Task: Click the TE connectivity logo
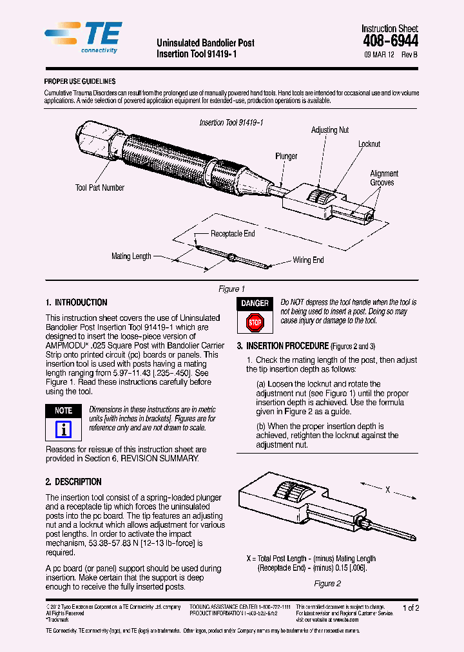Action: (83, 37)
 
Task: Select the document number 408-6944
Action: (390, 41)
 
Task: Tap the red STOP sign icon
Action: (255, 322)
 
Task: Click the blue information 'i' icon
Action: (63, 430)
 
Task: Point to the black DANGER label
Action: (255, 303)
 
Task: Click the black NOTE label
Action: (63, 410)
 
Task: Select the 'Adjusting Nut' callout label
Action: (329, 130)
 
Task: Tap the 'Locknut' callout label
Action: (369, 144)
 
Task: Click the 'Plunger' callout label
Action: (286, 157)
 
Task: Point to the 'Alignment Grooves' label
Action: (384, 178)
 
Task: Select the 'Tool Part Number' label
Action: (100, 188)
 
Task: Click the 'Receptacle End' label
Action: (233, 234)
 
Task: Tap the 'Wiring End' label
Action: (309, 260)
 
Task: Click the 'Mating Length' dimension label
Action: (131, 256)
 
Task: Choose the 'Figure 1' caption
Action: (232, 289)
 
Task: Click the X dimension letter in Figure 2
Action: (388, 490)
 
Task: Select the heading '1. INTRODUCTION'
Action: (77, 303)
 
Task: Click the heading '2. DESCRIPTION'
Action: (73, 482)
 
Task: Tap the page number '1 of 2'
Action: (411, 608)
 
